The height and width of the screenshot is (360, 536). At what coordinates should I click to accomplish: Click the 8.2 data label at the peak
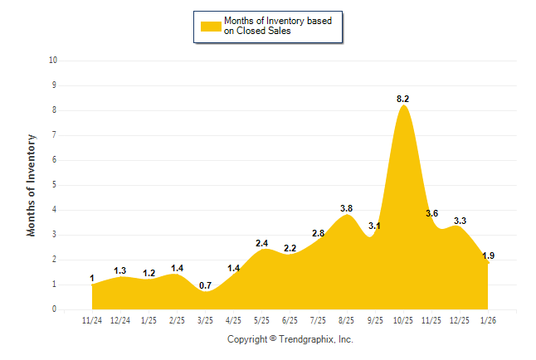(x=403, y=99)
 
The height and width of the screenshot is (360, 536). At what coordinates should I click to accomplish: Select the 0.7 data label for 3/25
(x=205, y=285)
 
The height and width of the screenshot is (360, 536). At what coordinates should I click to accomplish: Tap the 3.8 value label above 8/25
(x=347, y=208)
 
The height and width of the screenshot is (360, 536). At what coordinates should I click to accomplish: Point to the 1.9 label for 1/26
(x=488, y=255)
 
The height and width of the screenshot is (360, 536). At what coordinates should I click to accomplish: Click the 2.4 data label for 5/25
(x=261, y=243)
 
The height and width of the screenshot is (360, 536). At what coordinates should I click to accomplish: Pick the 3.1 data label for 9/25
(x=374, y=226)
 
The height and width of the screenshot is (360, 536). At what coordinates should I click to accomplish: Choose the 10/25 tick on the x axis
(x=403, y=319)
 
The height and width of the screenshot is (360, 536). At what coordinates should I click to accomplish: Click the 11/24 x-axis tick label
(x=92, y=319)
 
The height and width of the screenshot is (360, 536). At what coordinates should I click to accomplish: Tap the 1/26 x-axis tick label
(x=488, y=319)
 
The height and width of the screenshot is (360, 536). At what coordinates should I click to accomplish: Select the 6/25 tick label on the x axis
(x=290, y=319)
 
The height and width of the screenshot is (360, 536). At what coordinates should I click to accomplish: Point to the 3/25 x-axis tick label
(x=205, y=319)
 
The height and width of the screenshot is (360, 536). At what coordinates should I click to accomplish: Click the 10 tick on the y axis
(x=53, y=61)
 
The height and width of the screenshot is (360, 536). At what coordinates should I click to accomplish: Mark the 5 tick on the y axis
(x=55, y=185)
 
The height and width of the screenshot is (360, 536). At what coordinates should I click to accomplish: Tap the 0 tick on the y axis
(x=55, y=309)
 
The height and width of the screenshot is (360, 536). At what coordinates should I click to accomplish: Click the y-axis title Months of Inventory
(x=32, y=185)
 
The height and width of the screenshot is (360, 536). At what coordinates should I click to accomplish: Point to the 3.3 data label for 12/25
(x=460, y=221)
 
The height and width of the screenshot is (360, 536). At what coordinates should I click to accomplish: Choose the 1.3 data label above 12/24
(x=120, y=270)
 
